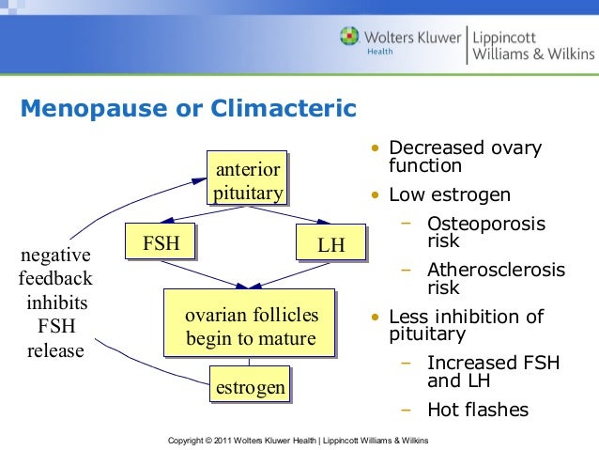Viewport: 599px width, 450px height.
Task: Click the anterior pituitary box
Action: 247,180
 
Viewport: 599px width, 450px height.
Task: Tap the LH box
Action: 330,245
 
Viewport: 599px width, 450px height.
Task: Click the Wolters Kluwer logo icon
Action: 349,38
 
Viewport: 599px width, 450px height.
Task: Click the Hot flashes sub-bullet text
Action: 477,410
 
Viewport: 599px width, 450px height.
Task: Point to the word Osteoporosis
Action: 485,223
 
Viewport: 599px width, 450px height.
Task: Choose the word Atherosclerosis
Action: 496,271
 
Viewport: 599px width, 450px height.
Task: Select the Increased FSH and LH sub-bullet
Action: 484,371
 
